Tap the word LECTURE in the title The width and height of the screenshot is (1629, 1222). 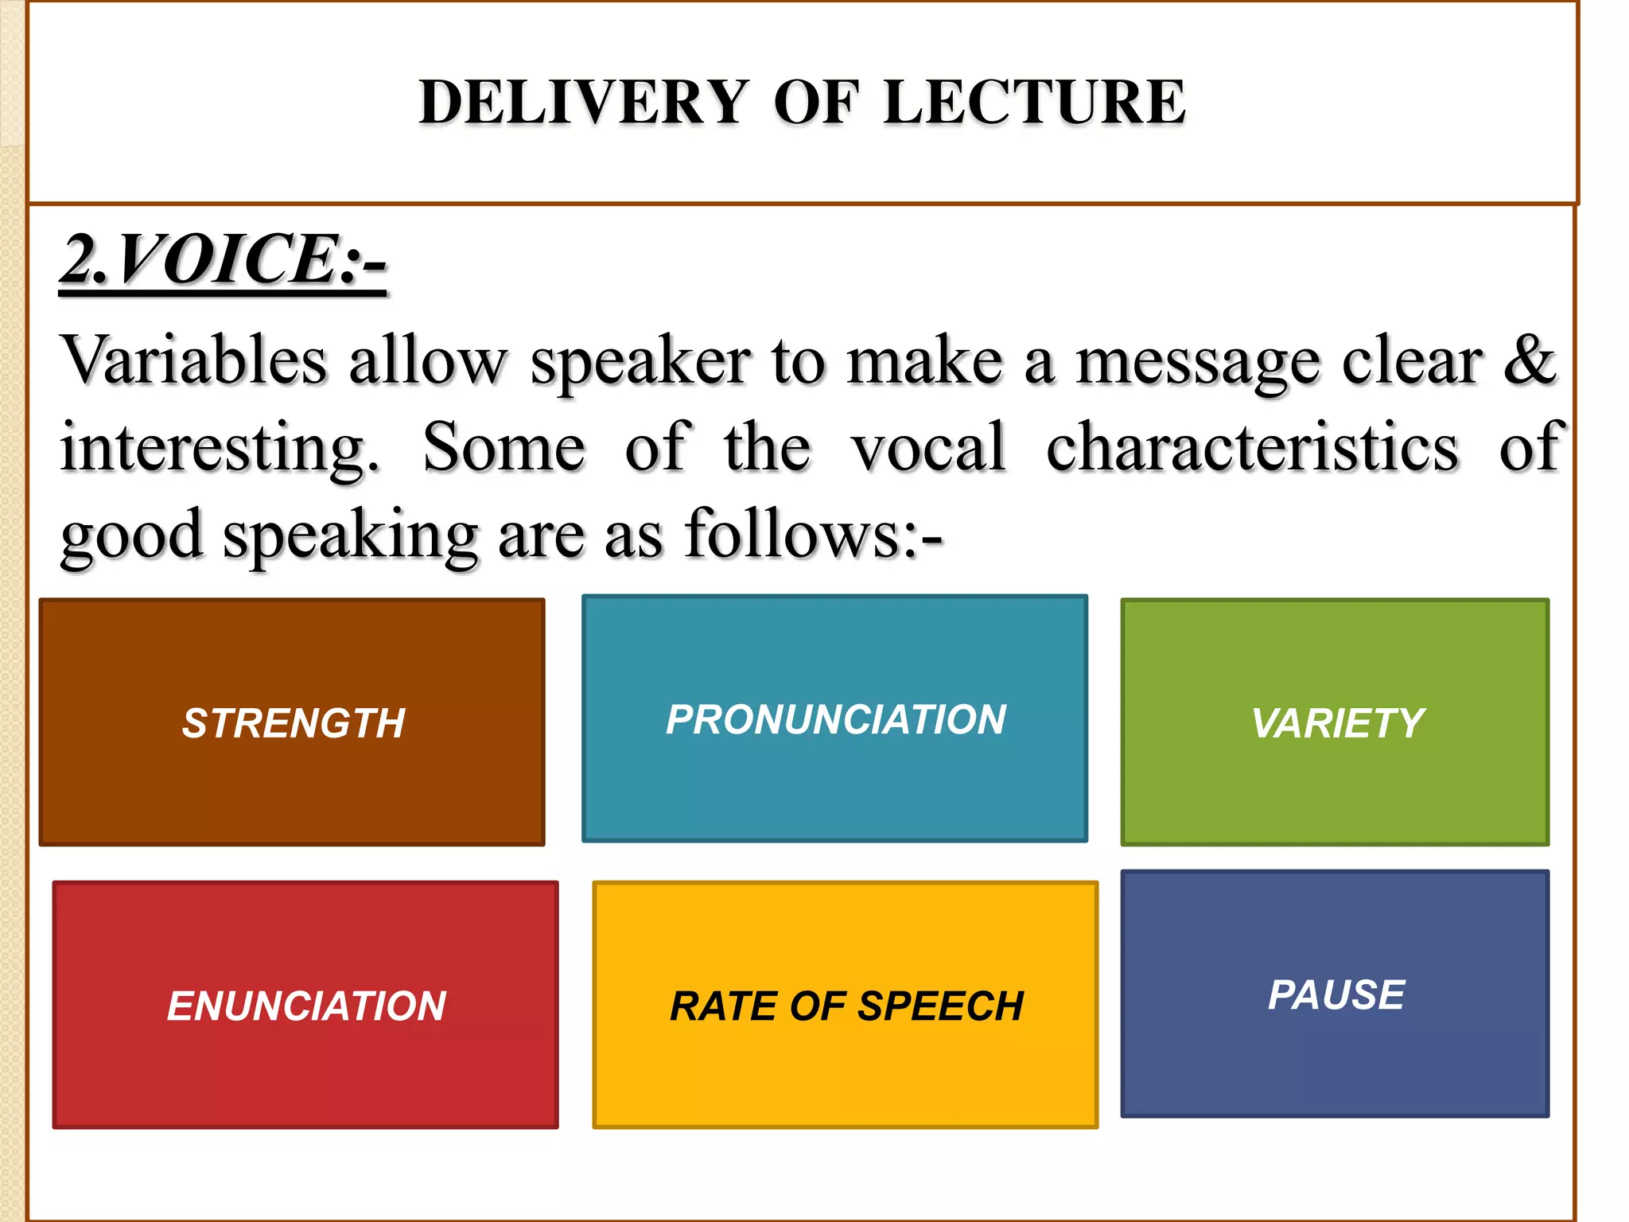click(x=1034, y=103)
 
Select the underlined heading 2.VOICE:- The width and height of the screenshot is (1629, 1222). click(x=223, y=260)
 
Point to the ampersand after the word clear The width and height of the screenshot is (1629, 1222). click(x=1529, y=360)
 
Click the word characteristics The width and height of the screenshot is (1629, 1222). click(x=1252, y=448)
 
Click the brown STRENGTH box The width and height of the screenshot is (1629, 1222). click(x=292, y=722)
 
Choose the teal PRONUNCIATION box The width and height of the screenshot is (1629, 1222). click(x=834, y=718)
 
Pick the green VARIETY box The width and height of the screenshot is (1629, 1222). click(x=1335, y=722)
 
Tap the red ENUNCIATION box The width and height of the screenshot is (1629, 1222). click(x=305, y=1005)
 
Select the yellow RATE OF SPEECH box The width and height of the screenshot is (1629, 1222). click(x=845, y=1005)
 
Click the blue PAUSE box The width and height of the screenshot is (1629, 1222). click(x=1335, y=994)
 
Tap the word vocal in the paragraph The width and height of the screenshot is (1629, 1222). click(x=928, y=448)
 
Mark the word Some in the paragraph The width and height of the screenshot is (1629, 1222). click(x=503, y=448)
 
